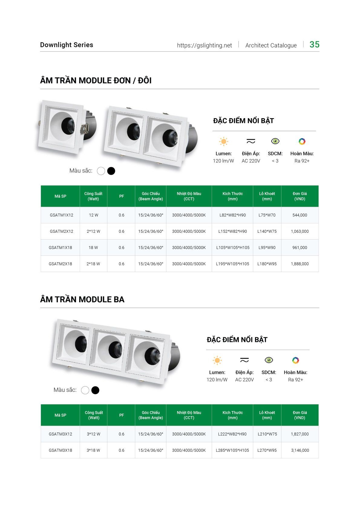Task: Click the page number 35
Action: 314,44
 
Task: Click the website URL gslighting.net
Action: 204,45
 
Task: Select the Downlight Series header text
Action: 67,45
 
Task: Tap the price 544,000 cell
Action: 299,215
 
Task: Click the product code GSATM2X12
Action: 61,231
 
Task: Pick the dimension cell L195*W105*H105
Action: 232,264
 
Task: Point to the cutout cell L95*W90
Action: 267,248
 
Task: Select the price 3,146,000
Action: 300,450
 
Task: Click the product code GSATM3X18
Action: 60,450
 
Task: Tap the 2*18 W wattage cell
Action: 93,264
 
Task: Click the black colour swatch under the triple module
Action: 95,390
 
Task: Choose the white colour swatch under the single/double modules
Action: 101,171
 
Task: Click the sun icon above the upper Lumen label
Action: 224,141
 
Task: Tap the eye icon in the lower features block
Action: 269,360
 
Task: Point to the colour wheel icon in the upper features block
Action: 302,141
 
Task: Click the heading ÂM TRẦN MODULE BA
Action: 82,300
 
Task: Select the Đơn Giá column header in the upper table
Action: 299,196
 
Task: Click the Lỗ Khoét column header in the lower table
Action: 267,415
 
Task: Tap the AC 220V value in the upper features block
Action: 251,161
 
